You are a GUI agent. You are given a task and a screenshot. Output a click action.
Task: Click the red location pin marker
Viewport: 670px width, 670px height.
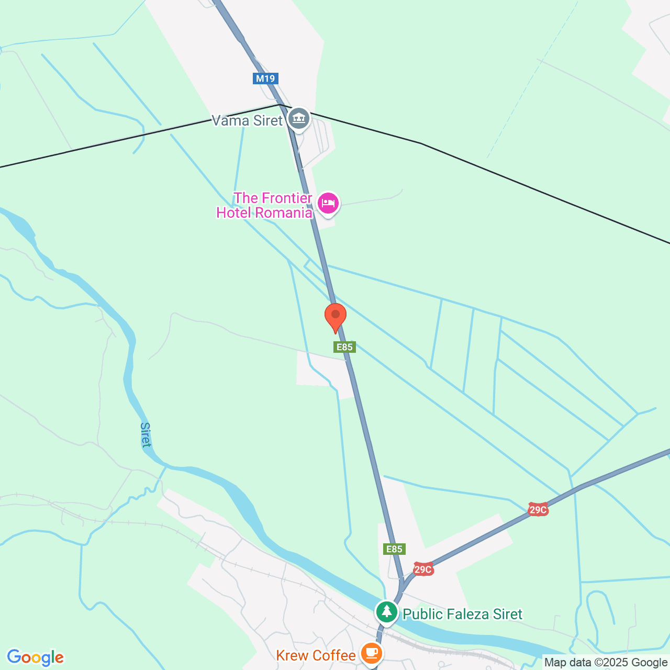coord(335,316)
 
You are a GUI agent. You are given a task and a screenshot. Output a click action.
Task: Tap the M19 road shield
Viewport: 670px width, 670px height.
coord(265,79)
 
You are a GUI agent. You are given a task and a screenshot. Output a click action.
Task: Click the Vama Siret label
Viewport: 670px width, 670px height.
coord(247,120)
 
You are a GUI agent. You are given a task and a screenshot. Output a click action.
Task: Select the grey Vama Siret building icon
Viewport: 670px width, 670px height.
coord(299,118)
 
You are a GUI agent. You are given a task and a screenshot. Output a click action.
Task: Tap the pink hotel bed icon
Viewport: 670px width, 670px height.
coord(328,204)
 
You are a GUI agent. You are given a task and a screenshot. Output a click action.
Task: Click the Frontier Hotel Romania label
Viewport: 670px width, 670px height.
coord(265,205)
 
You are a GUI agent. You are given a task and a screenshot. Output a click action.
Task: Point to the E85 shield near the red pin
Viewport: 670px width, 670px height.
coord(344,347)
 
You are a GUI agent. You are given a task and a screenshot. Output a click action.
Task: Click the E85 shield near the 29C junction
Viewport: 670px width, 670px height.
coord(394,549)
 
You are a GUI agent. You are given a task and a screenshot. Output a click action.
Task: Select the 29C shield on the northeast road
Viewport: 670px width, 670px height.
coord(538,510)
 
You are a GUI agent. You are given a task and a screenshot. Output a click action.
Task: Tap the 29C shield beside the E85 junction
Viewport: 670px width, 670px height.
coord(423,569)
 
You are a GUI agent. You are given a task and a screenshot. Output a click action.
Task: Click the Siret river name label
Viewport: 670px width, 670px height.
coord(146,434)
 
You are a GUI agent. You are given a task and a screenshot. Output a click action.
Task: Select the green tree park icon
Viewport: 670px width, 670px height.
coord(387,611)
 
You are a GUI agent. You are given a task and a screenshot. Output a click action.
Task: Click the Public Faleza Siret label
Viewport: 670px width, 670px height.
coord(462,614)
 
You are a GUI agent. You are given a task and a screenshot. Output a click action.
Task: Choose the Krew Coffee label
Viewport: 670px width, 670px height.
coord(316,655)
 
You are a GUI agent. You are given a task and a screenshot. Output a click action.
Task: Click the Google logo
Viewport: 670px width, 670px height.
coord(35,657)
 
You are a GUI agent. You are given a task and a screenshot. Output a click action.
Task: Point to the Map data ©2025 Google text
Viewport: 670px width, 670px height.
coord(606,663)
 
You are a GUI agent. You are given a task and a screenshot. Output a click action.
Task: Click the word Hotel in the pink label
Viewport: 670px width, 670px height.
coord(238,213)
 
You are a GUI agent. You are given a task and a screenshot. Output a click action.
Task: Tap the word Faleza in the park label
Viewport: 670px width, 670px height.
coord(462,614)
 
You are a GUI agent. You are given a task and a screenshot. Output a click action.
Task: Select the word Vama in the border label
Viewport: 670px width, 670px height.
coord(229,120)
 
